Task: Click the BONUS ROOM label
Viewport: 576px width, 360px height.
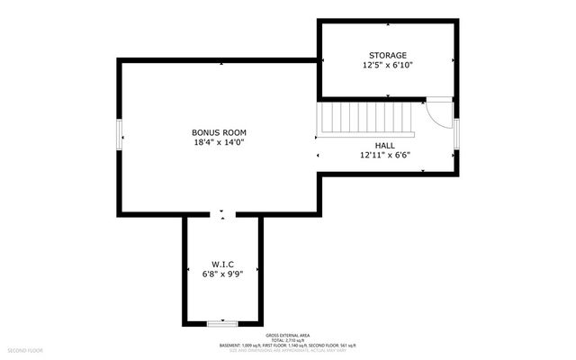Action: pos(219,131)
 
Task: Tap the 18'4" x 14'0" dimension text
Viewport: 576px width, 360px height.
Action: pos(219,142)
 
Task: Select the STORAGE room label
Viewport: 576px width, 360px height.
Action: pos(387,55)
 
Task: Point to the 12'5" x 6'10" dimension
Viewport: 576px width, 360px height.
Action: pos(387,66)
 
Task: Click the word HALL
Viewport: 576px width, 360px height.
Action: pos(384,144)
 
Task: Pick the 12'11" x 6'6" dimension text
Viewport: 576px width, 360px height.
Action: pos(384,155)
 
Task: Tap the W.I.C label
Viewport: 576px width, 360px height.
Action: pos(222,263)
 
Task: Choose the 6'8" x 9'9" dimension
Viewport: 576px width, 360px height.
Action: pos(222,274)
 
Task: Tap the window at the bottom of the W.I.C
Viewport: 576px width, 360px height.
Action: pos(220,322)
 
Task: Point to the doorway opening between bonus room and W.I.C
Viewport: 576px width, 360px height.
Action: pos(222,214)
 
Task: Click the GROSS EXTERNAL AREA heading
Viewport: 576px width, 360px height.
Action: pos(287,332)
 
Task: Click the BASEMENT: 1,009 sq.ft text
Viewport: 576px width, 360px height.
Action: pos(243,344)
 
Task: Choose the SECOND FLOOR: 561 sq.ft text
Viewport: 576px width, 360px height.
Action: pos(333,344)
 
